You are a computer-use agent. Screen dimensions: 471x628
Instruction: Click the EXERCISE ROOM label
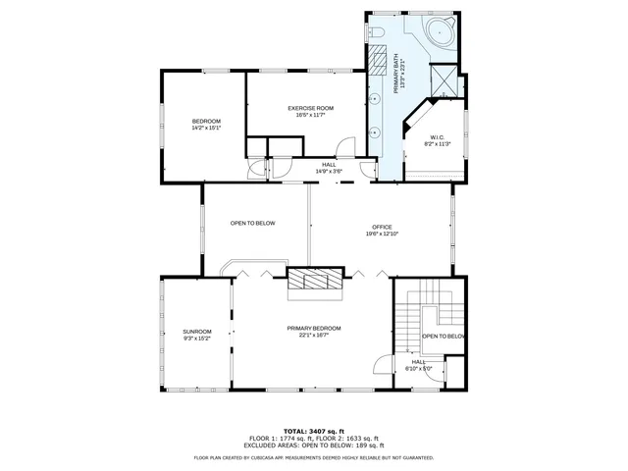click(x=310, y=107)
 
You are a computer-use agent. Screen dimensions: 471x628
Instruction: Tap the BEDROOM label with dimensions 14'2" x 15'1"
click(x=206, y=121)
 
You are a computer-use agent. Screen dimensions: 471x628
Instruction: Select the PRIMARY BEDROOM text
click(x=314, y=328)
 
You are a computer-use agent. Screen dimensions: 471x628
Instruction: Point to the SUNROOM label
click(x=196, y=332)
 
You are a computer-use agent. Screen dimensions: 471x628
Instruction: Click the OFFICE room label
click(x=381, y=227)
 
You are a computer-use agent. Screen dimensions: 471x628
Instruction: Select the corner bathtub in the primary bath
click(x=439, y=29)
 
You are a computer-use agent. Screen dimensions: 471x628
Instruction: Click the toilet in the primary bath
click(x=378, y=35)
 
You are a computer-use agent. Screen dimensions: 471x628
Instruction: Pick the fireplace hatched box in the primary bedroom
click(x=316, y=282)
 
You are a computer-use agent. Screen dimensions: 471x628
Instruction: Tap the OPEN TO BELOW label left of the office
click(x=252, y=223)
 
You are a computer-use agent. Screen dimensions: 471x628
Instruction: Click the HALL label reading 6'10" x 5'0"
click(x=418, y=365)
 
